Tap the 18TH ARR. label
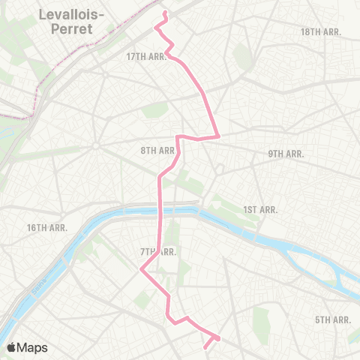click(x=320, y=31)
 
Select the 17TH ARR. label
click(x=146, y=57)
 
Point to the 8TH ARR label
click(x=157, y=151)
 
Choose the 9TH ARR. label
click(x=286, y=154)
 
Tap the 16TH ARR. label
click(x=47, y=227)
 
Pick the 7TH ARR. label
click(x=158, y=251)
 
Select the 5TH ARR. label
click(x=333, y=319)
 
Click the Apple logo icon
click(x=11, y=347)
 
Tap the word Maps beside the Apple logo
click(x=32, y=347)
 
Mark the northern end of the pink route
click(x=165, y=13)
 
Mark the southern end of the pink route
click(x=205, y=346)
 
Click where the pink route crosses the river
click(x=160, y=213)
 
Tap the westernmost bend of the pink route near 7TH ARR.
click(x=141, y=271)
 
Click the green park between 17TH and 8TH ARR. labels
click(x=154, y=109)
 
